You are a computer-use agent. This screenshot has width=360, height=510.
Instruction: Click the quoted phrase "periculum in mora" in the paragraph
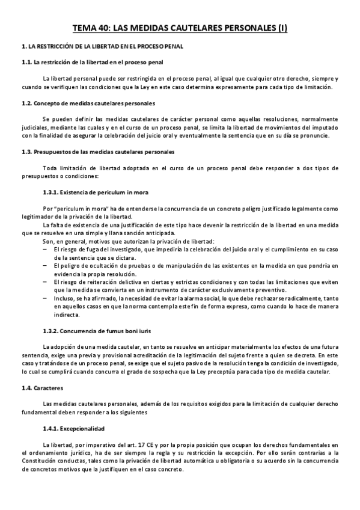(81, 207)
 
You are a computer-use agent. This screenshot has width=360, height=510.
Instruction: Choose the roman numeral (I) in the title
(279, 28)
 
